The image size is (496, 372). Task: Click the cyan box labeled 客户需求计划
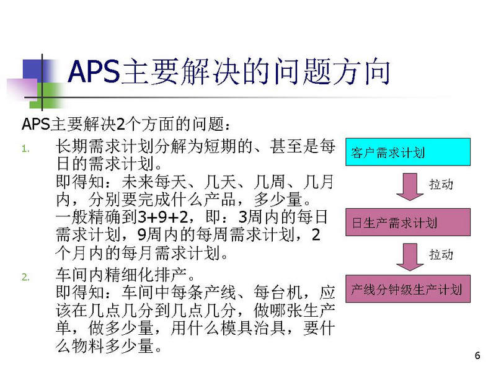408,152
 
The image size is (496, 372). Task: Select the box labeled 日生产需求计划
408,223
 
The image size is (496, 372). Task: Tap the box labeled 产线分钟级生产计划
408,289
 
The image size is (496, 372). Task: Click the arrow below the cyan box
410,187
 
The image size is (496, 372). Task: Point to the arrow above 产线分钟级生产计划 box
410,257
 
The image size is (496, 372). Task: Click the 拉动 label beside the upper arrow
441,184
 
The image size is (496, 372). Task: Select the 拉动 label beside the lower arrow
441,254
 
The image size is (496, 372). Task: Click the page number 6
477,355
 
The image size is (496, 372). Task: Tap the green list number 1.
25,149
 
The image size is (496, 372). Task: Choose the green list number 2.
25,277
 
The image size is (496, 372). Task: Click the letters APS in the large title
94,71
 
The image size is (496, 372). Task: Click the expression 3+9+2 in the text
163,217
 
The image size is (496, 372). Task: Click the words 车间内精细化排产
121,275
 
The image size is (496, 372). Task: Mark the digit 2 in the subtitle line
120,124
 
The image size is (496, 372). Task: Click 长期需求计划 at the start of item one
105,146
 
